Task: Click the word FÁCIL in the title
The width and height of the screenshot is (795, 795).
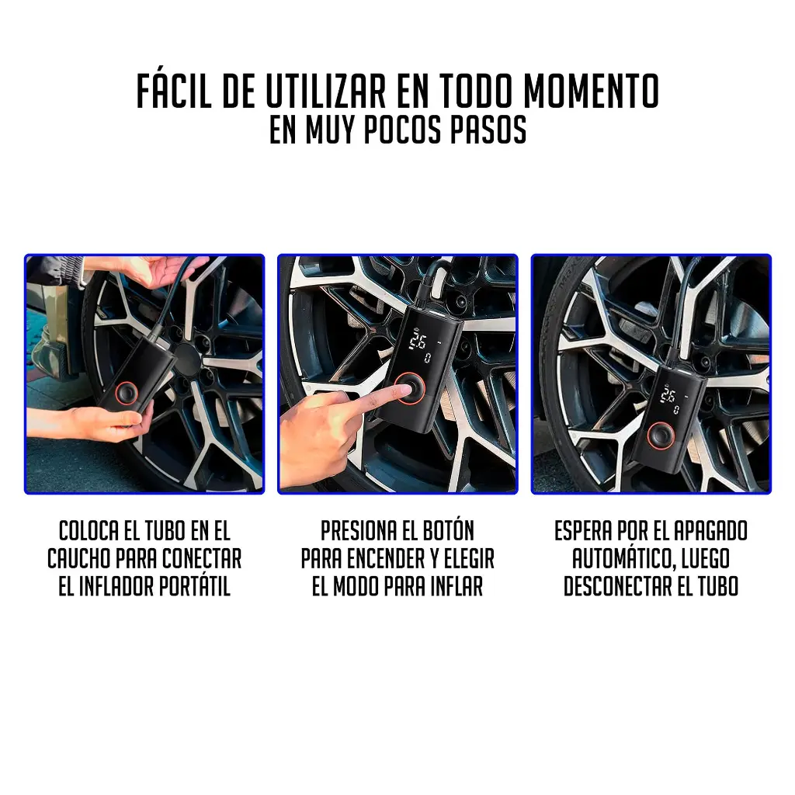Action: [x=174, y=91]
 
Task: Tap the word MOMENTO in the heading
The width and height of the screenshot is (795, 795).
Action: [x=591, y=92]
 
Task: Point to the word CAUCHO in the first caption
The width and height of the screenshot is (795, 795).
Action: [x=79, y=559]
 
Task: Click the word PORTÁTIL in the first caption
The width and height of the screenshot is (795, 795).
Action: [x=195, y=586]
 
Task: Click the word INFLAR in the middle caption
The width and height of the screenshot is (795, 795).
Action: [x=457, y=587]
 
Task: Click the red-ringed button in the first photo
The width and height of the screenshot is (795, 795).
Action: [x=127, y=393]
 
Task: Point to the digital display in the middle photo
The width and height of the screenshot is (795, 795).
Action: [x=422, y=348]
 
